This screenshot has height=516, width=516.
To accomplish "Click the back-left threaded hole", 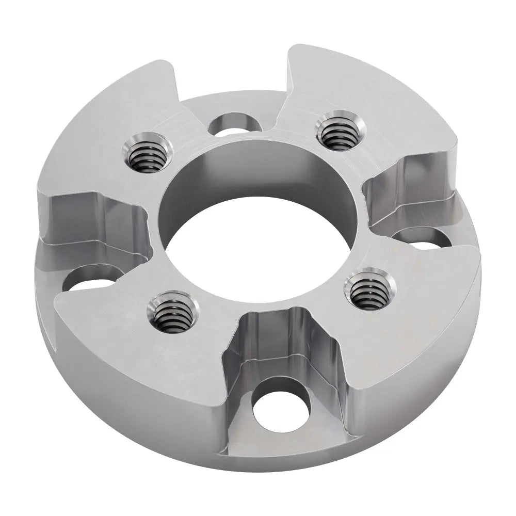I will [146, 155].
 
